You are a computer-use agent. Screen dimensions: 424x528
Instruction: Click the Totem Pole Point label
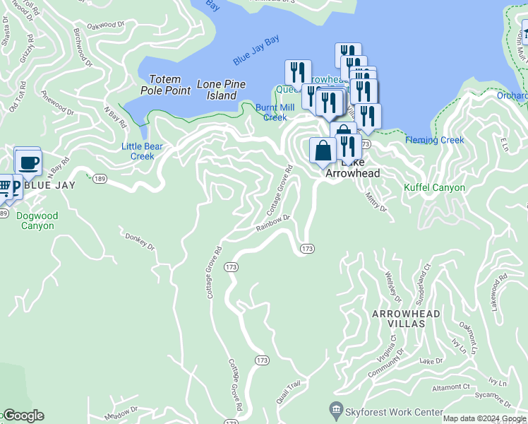tap(164, 85)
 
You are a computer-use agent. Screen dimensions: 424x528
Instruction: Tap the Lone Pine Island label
tap(221, 90)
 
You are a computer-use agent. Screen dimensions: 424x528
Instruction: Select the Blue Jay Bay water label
tap(256, 52)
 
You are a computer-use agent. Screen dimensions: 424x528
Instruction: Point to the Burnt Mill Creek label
tap(275, 112)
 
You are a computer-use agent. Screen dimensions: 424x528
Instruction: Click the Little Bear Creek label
tap(143, 151)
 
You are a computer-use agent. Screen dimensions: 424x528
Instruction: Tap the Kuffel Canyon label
tap(434, 188)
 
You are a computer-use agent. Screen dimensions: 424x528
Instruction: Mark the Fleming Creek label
tap(435, 140)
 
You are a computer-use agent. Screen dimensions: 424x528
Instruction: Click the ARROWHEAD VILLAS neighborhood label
tap(405, 318)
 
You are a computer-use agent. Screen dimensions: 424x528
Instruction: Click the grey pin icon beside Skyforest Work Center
tap(335, 410)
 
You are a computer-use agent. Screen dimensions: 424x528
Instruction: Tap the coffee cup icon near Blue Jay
tap(28, 163)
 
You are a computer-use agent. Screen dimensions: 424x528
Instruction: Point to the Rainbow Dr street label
tap(273, 223)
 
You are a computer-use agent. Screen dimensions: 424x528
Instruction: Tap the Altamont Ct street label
tap(451, 387)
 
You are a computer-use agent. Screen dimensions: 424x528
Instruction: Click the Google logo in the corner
tap(23, 416)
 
